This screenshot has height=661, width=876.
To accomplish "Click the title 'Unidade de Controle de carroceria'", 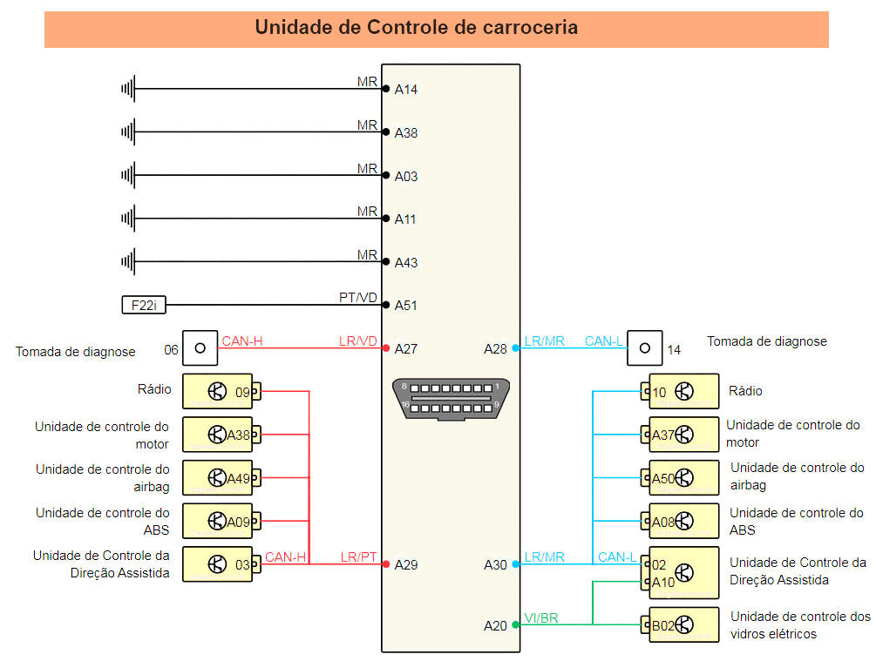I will (x=416, y=27).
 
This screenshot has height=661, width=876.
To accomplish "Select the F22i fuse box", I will (x=144, y=305).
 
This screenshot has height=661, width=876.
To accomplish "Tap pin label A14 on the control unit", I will (x=406, y=89).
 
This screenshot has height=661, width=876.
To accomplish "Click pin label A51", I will (x=406, y=306).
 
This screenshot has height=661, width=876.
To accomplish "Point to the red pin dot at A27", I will (x=385, y=348).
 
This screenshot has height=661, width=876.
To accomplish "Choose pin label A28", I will (x=495, y=348).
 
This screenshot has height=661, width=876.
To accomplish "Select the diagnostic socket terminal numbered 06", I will (x=200, y=348).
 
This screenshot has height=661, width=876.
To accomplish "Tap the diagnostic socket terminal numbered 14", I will (x=645, y=348).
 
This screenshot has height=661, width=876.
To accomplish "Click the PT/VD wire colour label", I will (x=358, y=298).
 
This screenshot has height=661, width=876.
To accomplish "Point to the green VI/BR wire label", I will (x=541, y=618).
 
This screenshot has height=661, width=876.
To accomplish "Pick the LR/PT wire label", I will (x=358, y=556).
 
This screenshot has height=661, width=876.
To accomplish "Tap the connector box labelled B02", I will (x=684, y=624).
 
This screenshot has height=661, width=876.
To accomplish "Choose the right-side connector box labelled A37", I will (x=684, y=435).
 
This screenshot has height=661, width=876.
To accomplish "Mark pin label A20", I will (x=495, y=625).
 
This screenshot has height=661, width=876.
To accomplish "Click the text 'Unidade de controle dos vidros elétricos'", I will (x=799, y=625).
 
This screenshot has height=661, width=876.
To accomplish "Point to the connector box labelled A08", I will (x=684, y=522).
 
